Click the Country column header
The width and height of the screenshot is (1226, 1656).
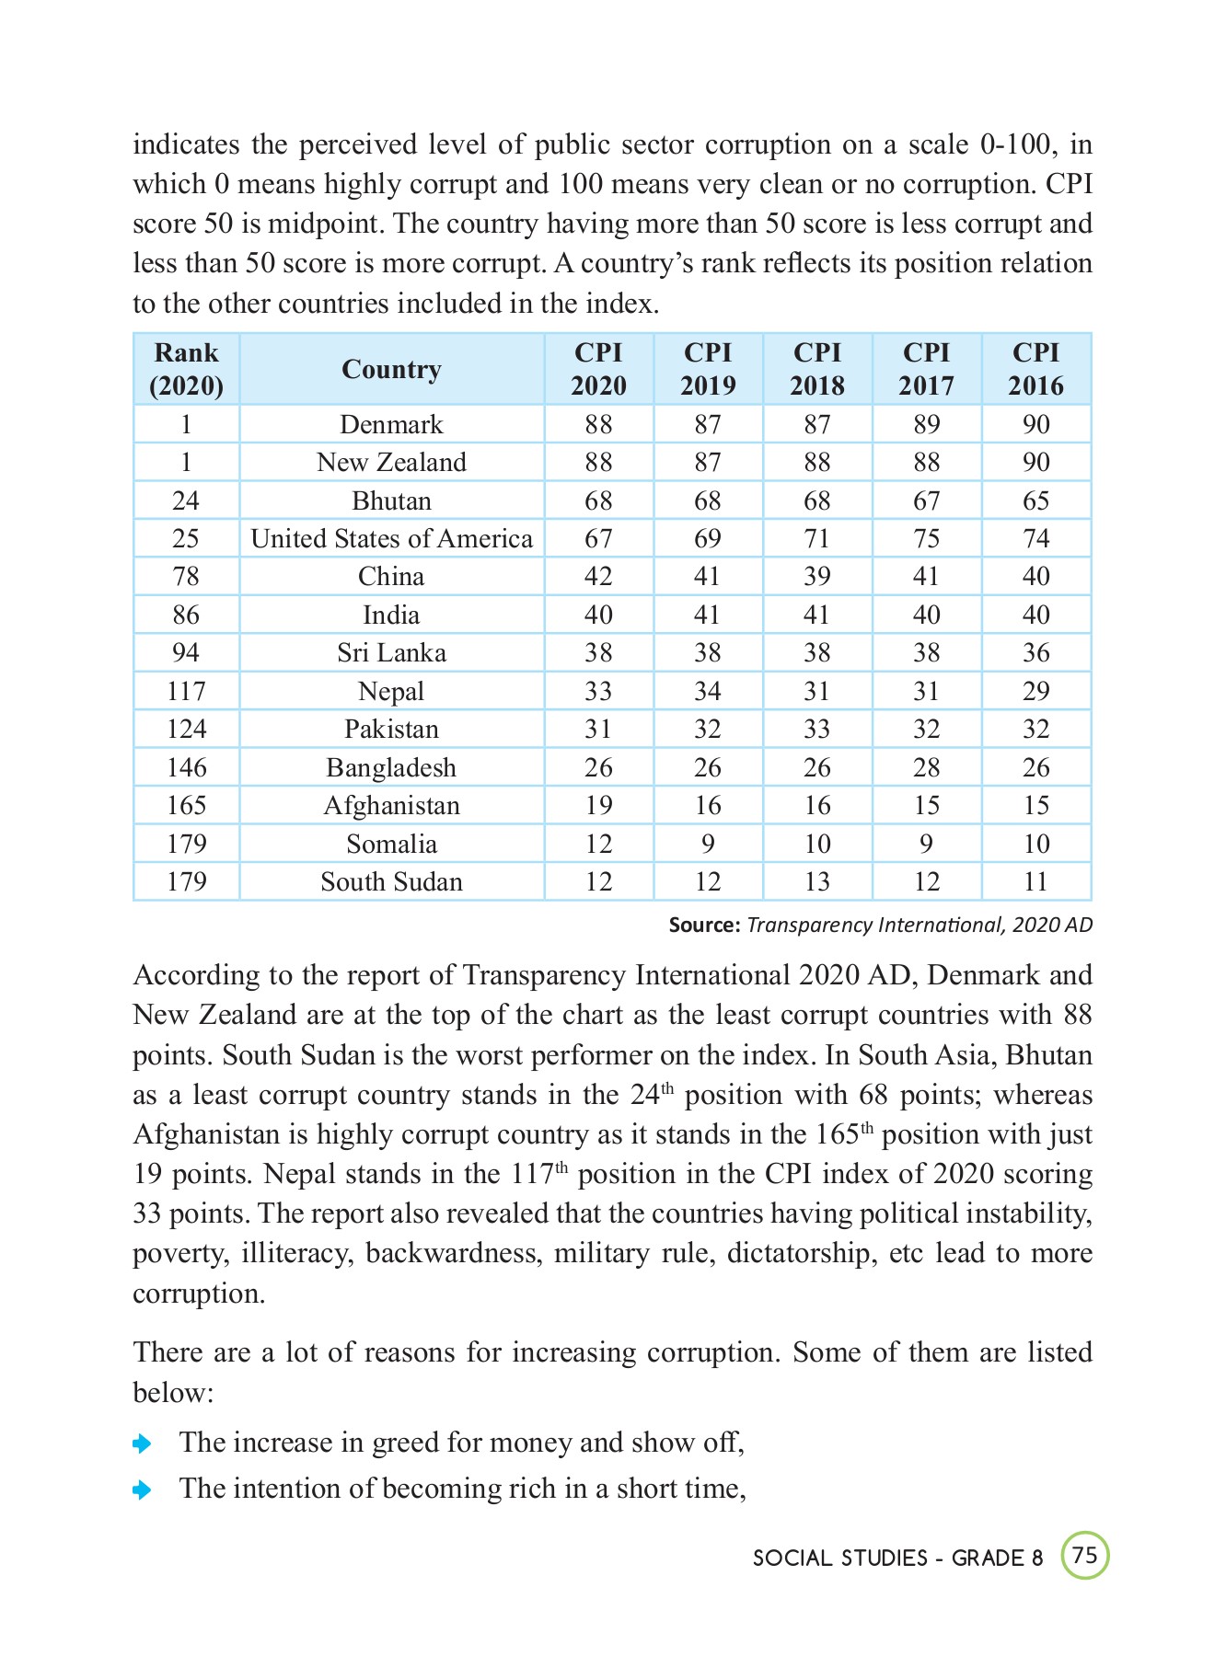pyautogui.click(x=391, y=369)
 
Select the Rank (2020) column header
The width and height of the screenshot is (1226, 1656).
pyautogui.click(x=186, y=369)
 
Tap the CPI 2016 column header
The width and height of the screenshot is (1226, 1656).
pyautogui.click(x=1035, y=369)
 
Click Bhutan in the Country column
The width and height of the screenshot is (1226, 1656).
pyautogui.click(x=391, y=500)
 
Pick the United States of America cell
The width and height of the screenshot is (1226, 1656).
pyautogui.click(x=391, y=538)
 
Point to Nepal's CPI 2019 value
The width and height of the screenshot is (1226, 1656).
pyautogui.click(x=707, y=691)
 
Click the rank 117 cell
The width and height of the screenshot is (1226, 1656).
pyautogui.click(x=186, y=691)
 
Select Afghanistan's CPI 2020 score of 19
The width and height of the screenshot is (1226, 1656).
pyautogui.click(x=598, y=805)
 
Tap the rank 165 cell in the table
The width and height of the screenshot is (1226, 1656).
pyautogui.click(x=186, y=805)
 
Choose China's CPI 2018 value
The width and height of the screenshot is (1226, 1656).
pyautogui.click(x=816, y=577)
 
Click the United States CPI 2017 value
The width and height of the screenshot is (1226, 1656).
pyautogui.click(x=926, y=538)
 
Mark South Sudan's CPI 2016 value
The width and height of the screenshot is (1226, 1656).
pyautogui.click(x=1035, y=881)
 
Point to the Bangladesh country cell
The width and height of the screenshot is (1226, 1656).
pyautogui.click(x=391, y=767)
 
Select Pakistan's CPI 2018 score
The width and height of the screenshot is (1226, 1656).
pyautogui.click(x=816, y=729)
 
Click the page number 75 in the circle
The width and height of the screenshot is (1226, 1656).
pyautogui.click(x=1085, y=1555)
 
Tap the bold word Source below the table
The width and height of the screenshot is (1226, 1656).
pyautogui.click(x=703, y=925)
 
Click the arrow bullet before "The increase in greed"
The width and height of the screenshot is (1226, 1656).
pyautogui.click(x=142, y=1443)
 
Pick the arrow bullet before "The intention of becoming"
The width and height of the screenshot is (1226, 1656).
pyautogui.click(x=142, y=1489)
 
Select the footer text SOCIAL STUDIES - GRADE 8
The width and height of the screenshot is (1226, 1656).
pyautogui.click(x=897, y=1558)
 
